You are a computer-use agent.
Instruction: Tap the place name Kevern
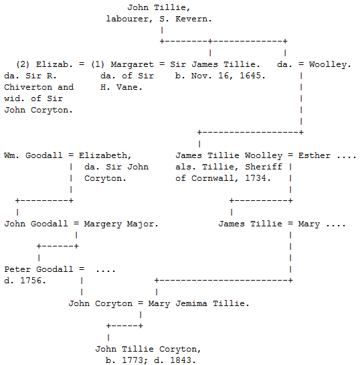(x=193, y=19)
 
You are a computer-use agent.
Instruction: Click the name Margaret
(x=132, y=64)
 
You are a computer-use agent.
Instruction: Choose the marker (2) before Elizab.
(x=23, y=64)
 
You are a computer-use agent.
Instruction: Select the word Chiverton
(x=28, y=87)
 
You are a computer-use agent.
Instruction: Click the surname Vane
(x=129, y=87)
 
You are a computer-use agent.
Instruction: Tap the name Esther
(x=314, y=155)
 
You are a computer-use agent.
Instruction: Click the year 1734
(x=258, y=178)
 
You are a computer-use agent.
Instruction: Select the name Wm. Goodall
(x=33, y=155)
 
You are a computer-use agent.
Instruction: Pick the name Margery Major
(x=121, y=224)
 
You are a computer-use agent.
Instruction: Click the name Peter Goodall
(x=39, y=269)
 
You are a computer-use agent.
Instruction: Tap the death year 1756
(x=33, y=281)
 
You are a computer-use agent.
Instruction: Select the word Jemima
(x=191, y=303)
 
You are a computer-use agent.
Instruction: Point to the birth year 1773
(x=134, y=360)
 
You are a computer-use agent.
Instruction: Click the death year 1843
(x=183, y=360)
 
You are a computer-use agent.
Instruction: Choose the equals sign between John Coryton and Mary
(x=141, y=303)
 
